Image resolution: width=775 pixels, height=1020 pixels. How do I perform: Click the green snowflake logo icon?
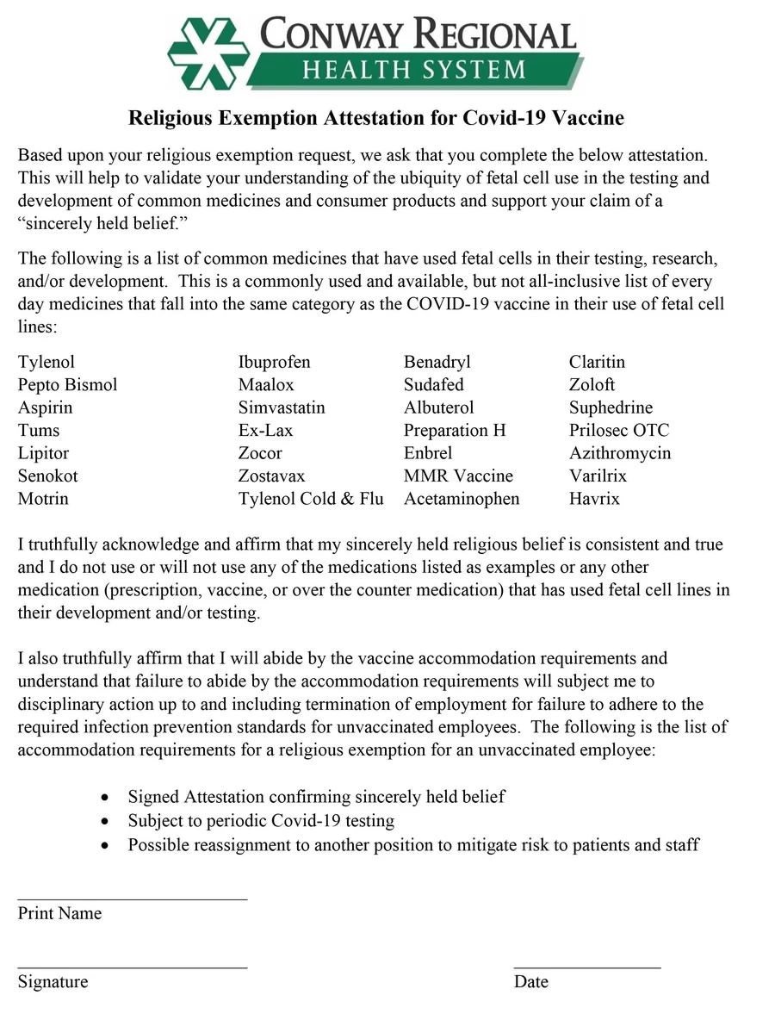coord(208,53)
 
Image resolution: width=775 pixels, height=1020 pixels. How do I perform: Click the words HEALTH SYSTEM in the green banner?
coord(412,69)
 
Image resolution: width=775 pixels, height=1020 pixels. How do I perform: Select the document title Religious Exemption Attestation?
coord(375,118)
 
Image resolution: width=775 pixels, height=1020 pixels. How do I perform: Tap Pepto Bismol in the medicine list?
coord(67,385)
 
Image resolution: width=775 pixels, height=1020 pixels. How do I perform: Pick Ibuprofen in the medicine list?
coord(274,362)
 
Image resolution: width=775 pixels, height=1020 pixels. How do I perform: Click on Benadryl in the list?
coord(437,362)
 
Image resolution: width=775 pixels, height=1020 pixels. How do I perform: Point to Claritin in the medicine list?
coord(597,362)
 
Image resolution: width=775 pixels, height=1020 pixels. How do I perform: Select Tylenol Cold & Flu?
coord(311,499)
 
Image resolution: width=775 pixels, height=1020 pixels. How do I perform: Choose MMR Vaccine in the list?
coord(458,476)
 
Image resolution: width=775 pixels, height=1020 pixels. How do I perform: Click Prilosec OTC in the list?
coord(618,431)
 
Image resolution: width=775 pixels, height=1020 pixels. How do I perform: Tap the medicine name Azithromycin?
coord(620,453)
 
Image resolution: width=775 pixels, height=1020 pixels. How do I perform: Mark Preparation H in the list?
coord(455,431)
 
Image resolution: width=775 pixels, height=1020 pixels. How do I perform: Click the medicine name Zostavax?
coord(271,476)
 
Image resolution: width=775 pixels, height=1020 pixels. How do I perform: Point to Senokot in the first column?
coord(47,476)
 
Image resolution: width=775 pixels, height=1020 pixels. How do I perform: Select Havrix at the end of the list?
coord(594,499)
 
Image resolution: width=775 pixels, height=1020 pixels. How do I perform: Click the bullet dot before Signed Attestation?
coord(105,798)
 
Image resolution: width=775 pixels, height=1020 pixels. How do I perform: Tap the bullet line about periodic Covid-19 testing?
coord(261,821)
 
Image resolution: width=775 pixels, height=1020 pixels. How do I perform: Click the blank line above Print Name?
coord(133,899)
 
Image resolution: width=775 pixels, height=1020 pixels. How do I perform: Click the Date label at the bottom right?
coord(530,982)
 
